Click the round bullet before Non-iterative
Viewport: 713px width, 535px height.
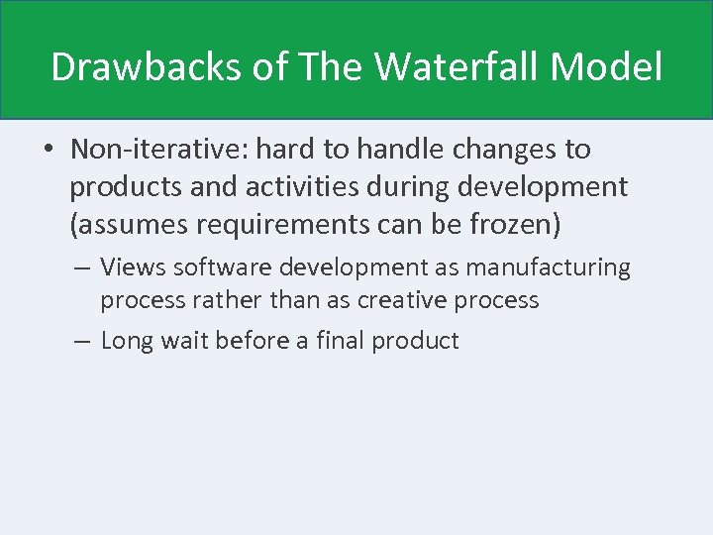coord(48,151)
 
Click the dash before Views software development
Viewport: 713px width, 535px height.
coord(83,267)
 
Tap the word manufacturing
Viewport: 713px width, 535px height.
coord(560,267)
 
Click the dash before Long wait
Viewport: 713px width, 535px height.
coord(83,342)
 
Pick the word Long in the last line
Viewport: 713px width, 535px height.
coord(125,342)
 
